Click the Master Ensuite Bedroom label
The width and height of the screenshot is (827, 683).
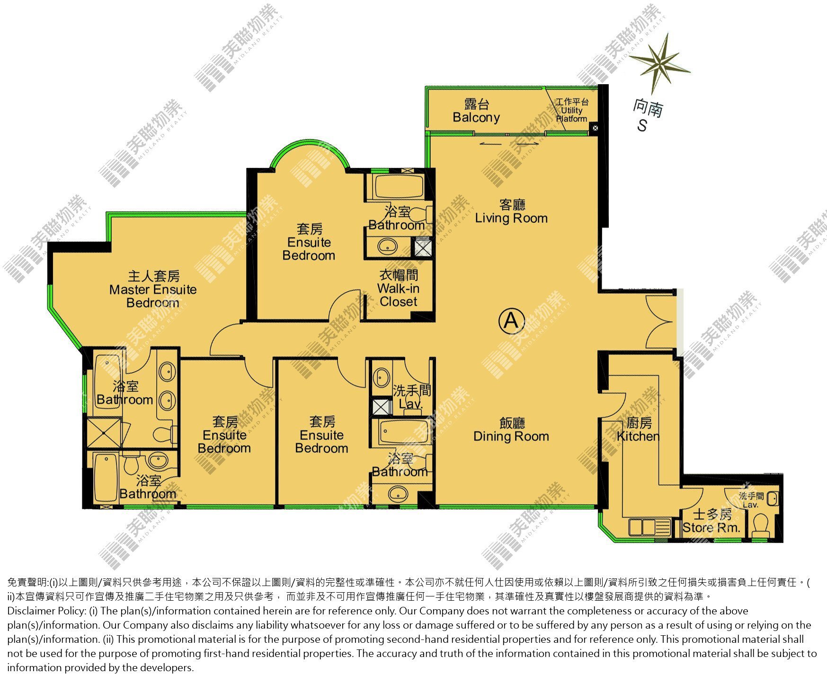click(153, 289)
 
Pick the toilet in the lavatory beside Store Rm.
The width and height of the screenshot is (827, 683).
click(760, 525)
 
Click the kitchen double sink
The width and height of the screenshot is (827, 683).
click(649, 526)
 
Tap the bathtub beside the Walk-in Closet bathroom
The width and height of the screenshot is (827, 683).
click(398, 186)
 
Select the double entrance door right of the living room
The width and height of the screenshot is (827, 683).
click(660, 322)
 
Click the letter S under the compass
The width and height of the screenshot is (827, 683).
click(642, 126)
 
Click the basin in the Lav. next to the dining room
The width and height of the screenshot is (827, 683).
click(381, 377)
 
